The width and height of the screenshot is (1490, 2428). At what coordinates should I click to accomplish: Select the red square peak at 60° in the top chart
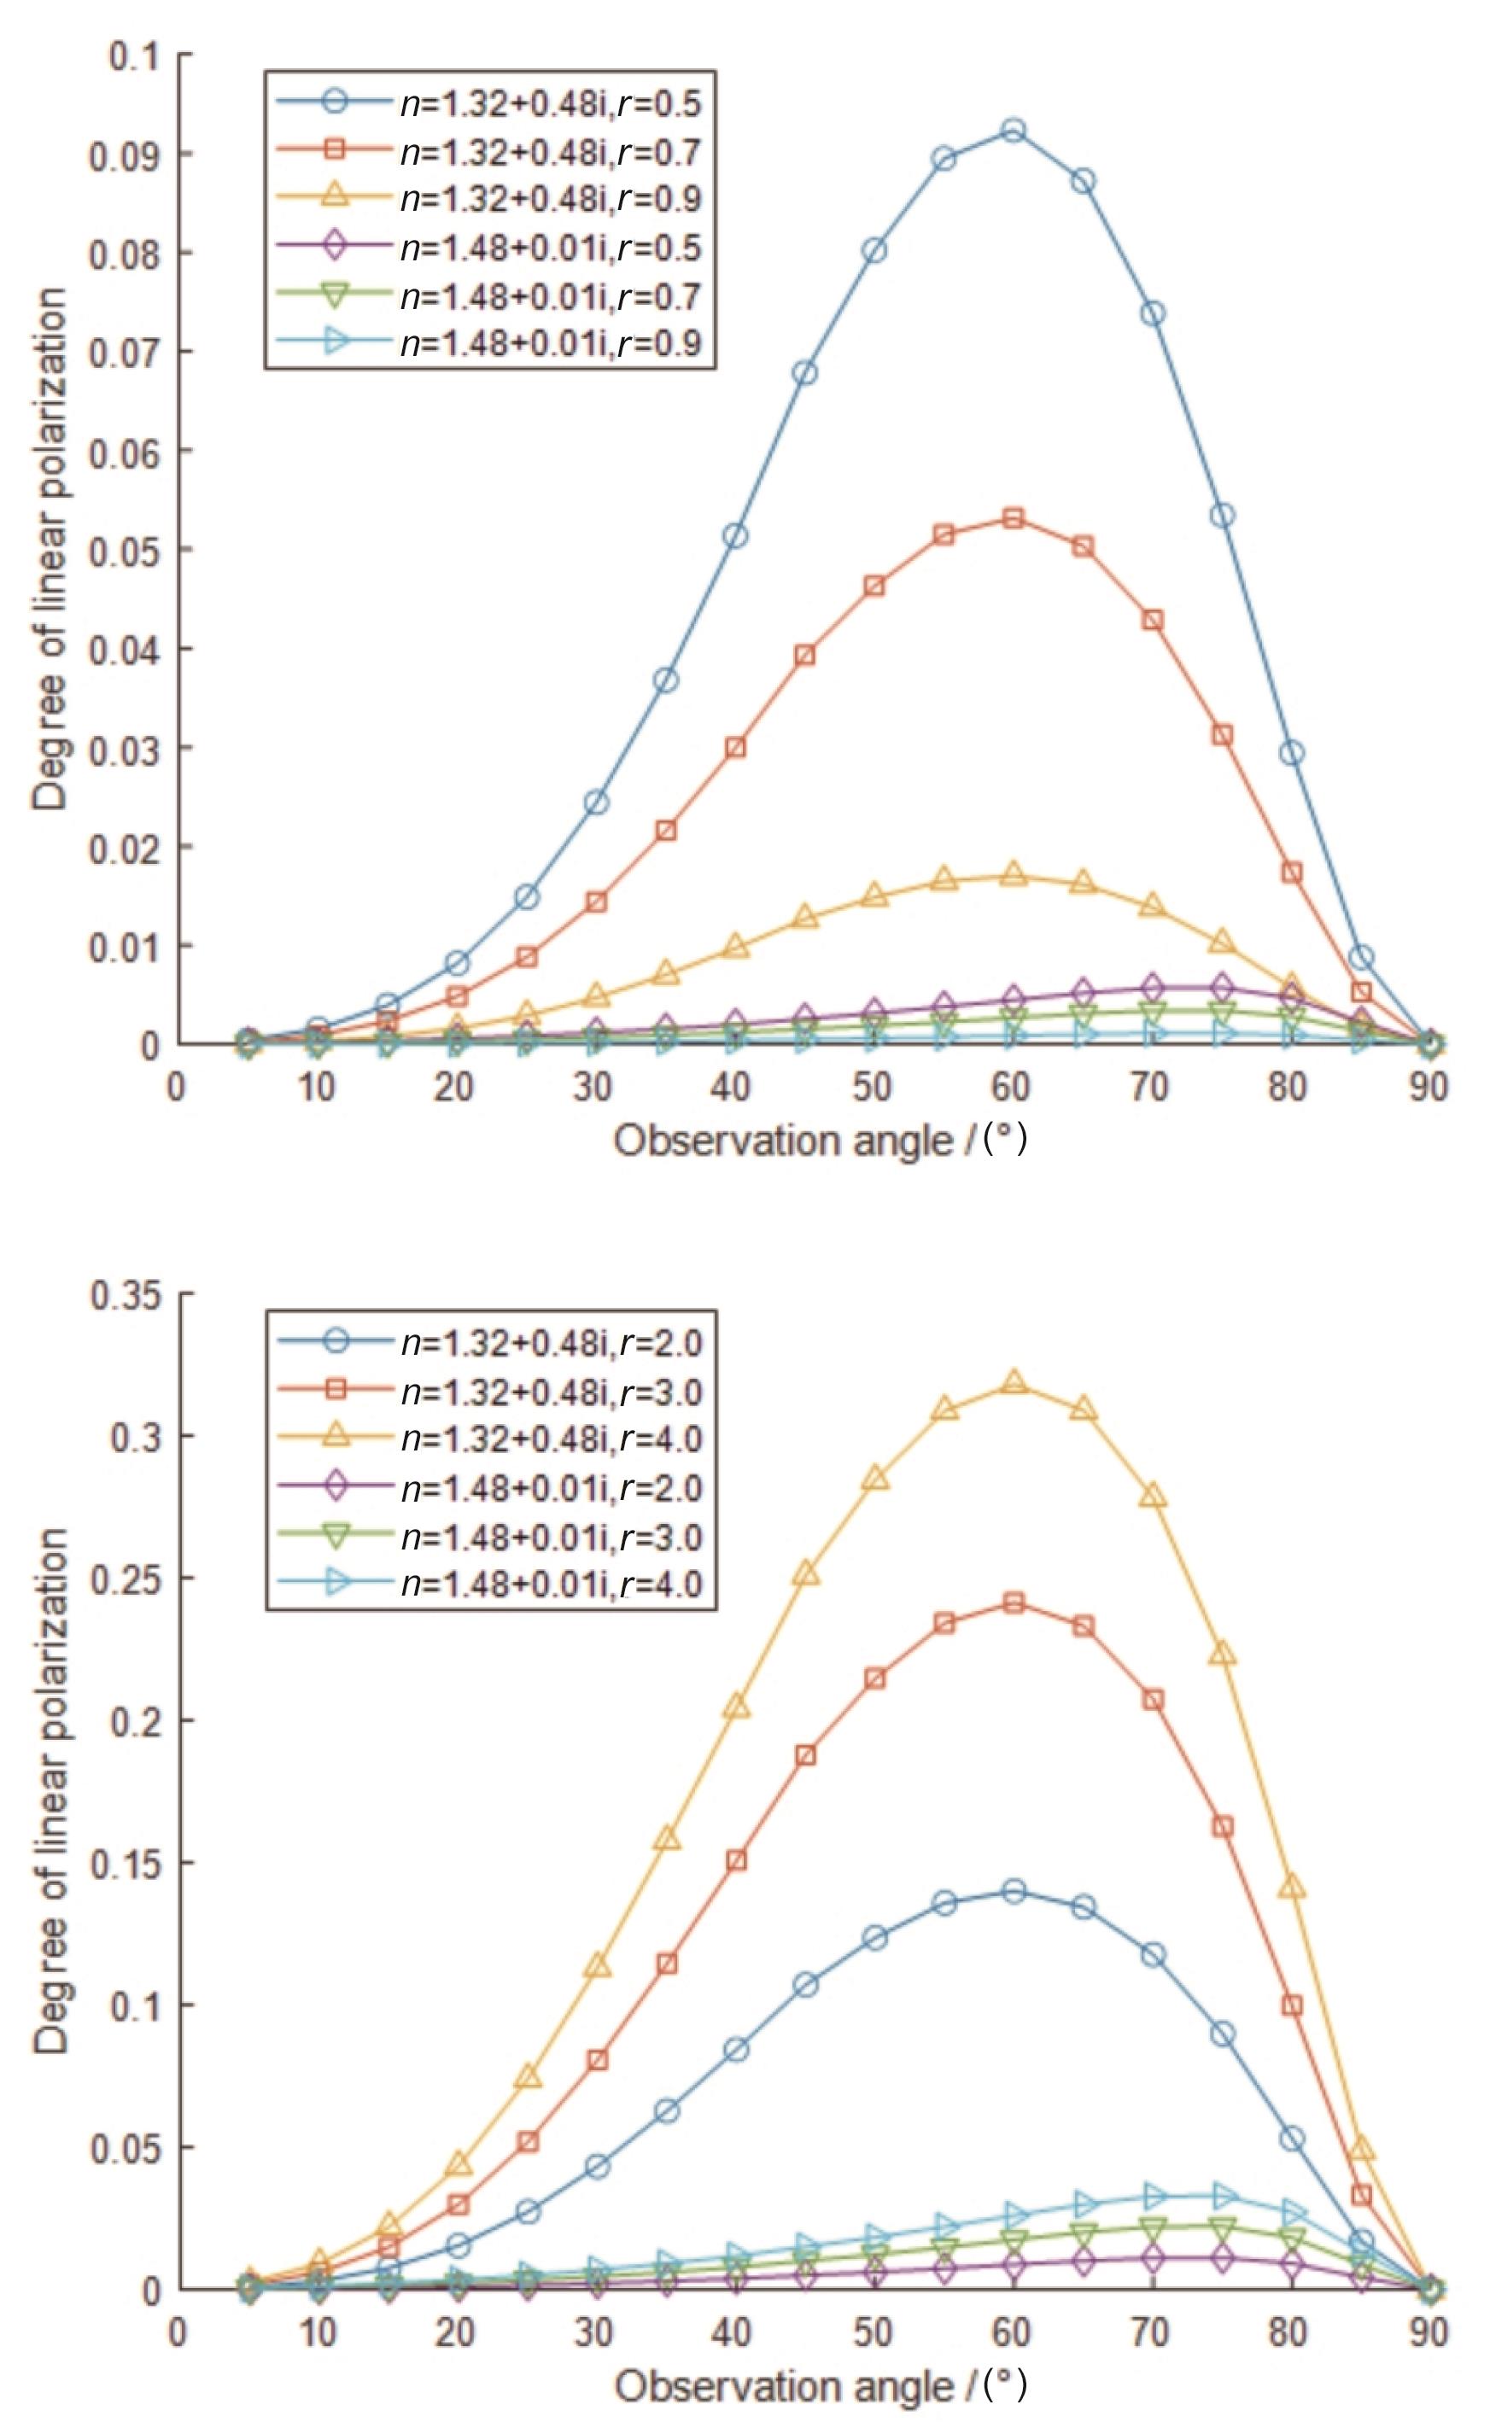[1013, 518]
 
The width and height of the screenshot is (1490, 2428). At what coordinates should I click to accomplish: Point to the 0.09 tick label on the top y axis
[126, 155]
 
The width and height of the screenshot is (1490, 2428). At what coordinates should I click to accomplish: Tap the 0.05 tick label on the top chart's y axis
[126, 550]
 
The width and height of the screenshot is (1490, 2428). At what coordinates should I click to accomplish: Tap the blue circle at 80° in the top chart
[1292, 754]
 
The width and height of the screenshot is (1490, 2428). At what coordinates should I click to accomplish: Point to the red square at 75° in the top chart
[1222, 735]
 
